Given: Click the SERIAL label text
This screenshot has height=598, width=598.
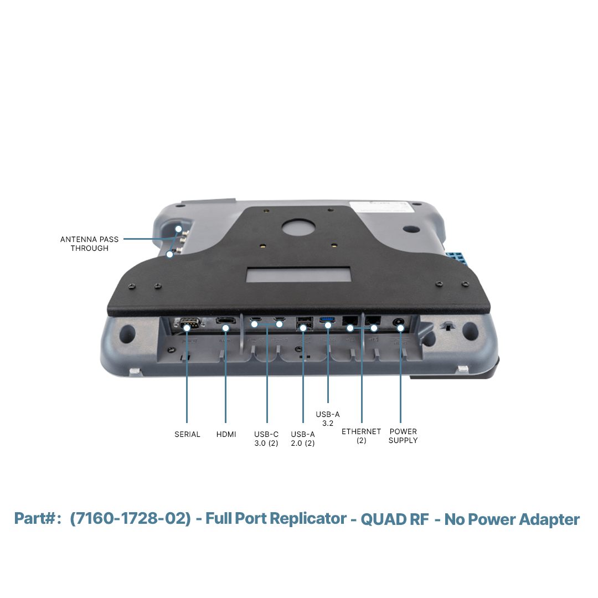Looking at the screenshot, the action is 187,435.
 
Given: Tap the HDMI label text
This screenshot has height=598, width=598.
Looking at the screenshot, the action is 226,435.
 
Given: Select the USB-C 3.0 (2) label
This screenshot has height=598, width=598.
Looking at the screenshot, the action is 266,439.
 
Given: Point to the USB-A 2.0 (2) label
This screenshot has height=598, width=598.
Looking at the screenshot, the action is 303,439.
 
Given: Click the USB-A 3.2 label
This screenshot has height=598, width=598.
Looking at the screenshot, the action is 328,419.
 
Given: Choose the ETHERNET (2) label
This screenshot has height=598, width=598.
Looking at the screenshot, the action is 361,436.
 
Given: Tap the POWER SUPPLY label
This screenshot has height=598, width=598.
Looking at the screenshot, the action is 403,436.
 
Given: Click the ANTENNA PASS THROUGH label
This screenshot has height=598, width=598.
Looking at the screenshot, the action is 89,244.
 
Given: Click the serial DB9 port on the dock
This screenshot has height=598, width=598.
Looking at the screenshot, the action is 188,323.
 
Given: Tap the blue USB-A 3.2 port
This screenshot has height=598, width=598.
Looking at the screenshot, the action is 328,319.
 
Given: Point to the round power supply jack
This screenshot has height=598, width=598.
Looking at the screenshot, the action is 399,323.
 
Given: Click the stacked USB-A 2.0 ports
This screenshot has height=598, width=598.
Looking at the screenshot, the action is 305,323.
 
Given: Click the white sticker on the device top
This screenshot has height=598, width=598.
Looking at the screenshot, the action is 382,207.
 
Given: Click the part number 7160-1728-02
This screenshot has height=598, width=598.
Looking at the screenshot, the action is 130,519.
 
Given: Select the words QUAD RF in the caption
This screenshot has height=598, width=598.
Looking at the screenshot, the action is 395,519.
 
